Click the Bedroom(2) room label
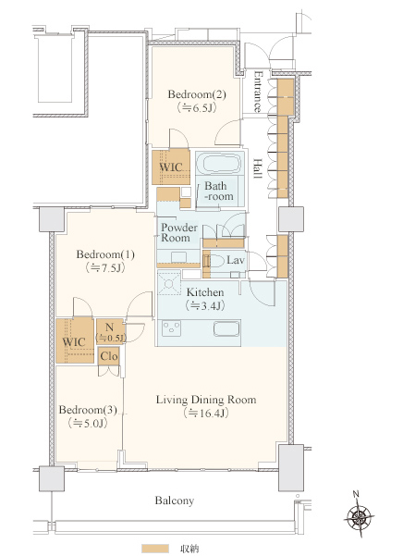click(x=197, y=94)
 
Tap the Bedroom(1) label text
click(x=105, y=254)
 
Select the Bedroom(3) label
click(x=88, y=410)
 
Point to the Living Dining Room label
click(x=206, y=400)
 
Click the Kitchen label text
click(x=205, y=292)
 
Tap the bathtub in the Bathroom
click(x=218, y=163)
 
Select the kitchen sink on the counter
click(x=226, y=328)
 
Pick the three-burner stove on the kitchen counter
click(x=171, y=328)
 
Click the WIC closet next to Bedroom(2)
click(x=171, y=167)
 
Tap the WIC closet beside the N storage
click(x=75, y=341)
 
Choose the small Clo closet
click(x=109, y=355)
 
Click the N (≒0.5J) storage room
click(x=111, y=332)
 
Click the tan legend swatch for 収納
click(x=154, y=549)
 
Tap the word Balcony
click(x=175, y=500)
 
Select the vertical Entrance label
click(x=259, y=92)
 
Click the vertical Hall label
click(x=258, y=168)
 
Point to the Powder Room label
click(x=178, y=232)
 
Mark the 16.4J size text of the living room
click(x=206, y=414)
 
